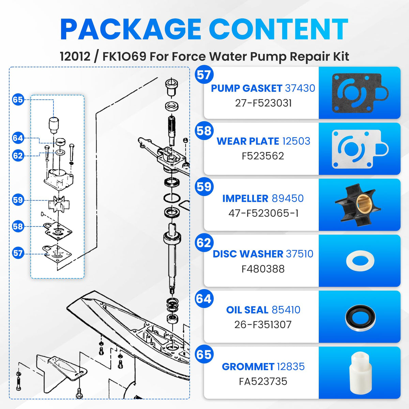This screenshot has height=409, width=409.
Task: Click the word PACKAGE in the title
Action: (x=131, y=29)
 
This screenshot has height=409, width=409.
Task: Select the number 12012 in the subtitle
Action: (x=75, y=57)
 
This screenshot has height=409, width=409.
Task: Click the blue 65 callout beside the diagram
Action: (x=18, y=100)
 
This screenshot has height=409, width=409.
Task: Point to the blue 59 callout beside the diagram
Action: (x=18, y=200)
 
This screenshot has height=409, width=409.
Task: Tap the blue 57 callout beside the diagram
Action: (x=18, y=253)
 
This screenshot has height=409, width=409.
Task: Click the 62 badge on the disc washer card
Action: (x=204, y=242)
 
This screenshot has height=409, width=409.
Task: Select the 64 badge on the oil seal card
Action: (x=204, y=299)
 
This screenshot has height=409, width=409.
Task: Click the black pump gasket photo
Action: (x=360, y=93)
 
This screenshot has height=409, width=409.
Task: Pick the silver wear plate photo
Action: (x=360, y=149)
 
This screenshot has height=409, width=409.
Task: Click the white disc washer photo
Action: (x=360, y=260)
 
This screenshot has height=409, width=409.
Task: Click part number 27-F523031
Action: (x=263, y=103)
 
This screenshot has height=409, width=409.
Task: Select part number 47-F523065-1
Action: (x=263, y=213)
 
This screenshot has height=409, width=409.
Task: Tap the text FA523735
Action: (x=263, y=381)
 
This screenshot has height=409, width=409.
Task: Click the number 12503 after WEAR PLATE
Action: (x=296, y=141)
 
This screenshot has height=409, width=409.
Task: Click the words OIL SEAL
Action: (x=247, y=310)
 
